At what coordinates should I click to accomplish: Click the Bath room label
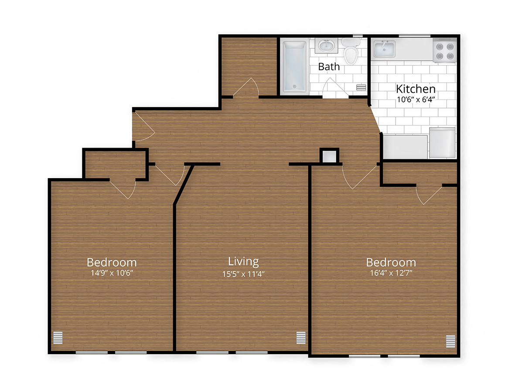click(329, 67)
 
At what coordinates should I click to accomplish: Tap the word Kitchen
click(415, 89)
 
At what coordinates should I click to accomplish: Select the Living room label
click(243, 261)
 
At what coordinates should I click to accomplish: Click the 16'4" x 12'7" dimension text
click(391, 274)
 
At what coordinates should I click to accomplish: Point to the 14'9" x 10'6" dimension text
click(112, 273)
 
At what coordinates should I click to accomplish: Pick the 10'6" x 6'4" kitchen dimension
click(416, 99)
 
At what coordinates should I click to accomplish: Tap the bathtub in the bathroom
click(294, 66)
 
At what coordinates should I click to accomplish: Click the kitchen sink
click(384, 49)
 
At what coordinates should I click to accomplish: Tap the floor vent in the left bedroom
click(58, 338)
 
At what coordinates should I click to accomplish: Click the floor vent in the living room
click(301, 338)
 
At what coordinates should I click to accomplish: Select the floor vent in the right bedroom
click(450, 341)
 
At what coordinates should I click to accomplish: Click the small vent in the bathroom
click(361, 88)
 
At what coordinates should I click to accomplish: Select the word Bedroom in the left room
click(112, 262)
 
